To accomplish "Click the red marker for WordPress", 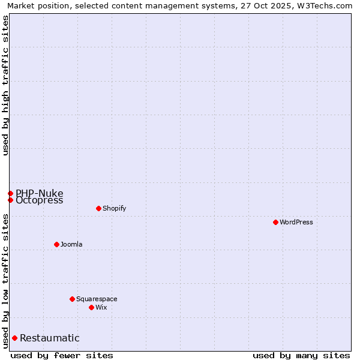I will (x=275, y=222).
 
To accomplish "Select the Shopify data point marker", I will (x=98, y=208).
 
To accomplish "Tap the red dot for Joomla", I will (x=56, y=244).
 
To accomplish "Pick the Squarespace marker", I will (x=72, y=299).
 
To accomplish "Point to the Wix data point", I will (x=91, y=307).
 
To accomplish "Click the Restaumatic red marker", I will (x=14, y=338).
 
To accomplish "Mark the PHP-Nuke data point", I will (x=10, y=193).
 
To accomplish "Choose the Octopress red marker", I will (x=10, y=200).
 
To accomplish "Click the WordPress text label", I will (x=296, y=222).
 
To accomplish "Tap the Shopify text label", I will (x=114, y=208).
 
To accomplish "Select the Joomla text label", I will (x=71, y=244).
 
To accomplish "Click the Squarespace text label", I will (x=97, y=299).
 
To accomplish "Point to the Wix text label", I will (x=101, y=307).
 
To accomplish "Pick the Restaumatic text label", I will (x=49, y=338).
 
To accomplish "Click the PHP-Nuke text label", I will (x=39, y=193).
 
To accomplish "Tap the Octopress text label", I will (x=39, y=200).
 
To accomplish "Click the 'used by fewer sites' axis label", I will (x=62, y=355).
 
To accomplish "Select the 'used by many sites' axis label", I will (x=301, y=355).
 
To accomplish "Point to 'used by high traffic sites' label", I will (x=5, y=85).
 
